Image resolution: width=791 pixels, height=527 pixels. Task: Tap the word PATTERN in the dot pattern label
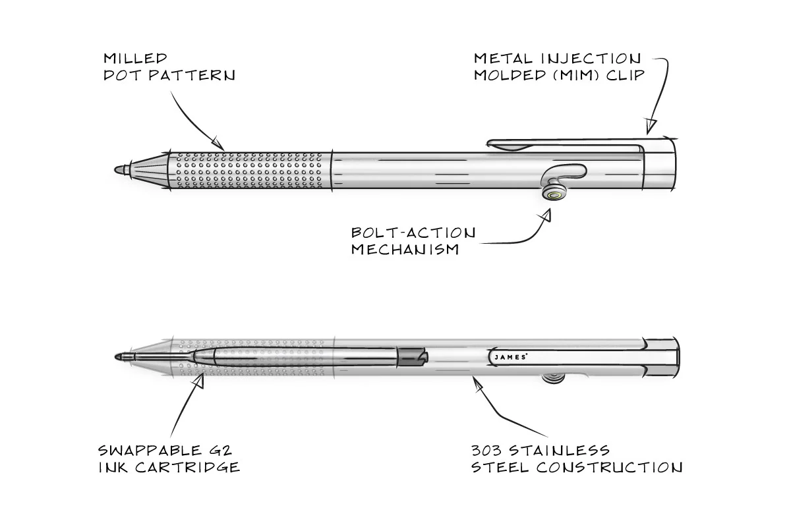192,75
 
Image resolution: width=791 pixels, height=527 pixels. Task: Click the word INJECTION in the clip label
593,59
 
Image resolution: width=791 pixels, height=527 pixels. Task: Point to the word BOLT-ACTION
413,233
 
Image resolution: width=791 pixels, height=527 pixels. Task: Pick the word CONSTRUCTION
609,468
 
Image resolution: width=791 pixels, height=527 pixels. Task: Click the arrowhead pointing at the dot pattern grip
218,140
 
